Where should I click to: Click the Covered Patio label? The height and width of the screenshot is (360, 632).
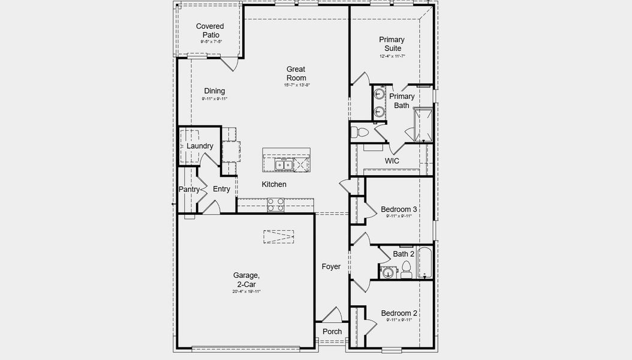(210, 31)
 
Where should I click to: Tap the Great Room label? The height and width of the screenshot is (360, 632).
(296, 74)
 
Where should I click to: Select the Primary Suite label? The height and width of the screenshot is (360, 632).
(392, 44)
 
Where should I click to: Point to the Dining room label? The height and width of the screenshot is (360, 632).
(214, 91)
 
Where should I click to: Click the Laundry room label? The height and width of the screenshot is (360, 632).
(200, 146)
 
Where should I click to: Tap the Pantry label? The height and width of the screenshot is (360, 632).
(189, 190)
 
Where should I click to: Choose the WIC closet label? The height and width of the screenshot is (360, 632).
(392, 161)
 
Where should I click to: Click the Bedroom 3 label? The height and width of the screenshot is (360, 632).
(399, 209)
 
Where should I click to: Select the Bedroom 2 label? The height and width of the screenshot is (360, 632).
(399, 313)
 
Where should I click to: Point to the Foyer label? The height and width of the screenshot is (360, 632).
(331, 266)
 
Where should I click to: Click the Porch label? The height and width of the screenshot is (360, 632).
(332, 331)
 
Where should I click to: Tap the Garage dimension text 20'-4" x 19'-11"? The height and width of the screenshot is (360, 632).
(246, 292)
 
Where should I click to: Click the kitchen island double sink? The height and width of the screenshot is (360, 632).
(284, 164)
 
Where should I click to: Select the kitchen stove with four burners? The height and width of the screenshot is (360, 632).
(276, 205)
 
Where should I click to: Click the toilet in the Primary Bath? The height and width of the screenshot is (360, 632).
(362, 131)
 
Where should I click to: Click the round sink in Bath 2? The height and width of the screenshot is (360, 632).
(388, 273)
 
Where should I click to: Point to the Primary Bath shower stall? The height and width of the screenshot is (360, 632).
(424, 125)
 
